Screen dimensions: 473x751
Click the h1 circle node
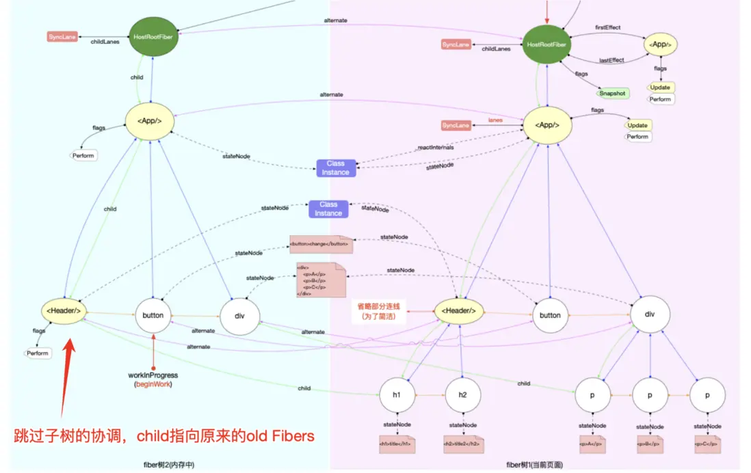click(397, 395)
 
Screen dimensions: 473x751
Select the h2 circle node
click(464, 395)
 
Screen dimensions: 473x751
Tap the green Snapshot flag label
click(612, 93)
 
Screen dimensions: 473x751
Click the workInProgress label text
click(153, 375)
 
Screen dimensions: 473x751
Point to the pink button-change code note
click(321, 243)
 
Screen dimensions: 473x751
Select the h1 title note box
click(397, 444)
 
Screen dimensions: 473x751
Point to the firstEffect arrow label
click(607, 28)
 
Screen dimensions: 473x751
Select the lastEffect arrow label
click(611, 60)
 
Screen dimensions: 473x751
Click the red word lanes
click(496, 120)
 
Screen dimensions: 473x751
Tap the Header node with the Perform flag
click(64, 312)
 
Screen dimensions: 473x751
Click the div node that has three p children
click(650, 314)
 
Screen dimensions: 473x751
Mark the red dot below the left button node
click(154, 349)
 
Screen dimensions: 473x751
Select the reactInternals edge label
click(436, 148)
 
